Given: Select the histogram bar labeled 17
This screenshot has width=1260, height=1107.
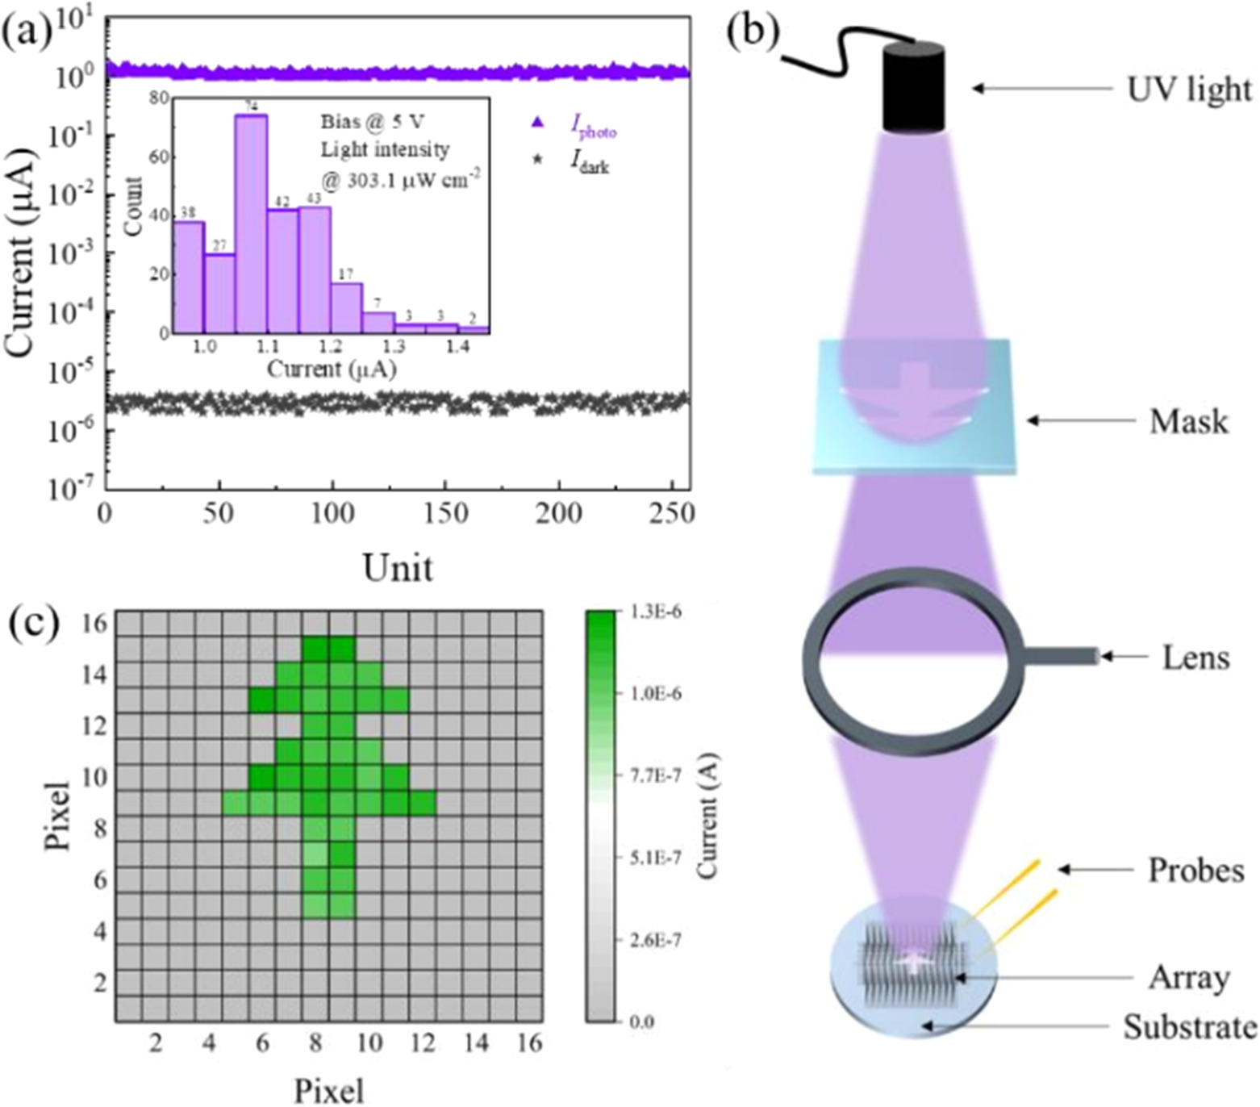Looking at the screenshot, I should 346,308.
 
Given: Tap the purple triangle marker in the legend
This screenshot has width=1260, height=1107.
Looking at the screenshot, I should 538,123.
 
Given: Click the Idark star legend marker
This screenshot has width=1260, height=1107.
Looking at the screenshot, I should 537,161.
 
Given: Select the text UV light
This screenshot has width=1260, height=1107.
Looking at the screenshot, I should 1188,89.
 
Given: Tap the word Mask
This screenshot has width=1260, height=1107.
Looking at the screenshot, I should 1188,421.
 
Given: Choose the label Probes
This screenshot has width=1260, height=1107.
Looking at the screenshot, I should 1195,870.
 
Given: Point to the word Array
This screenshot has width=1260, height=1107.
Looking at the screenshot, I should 1189,978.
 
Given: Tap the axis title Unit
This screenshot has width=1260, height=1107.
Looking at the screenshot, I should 398,567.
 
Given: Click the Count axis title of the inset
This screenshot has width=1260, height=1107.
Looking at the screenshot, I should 134,207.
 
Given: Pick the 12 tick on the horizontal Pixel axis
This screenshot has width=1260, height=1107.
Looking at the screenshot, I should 423,1042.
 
